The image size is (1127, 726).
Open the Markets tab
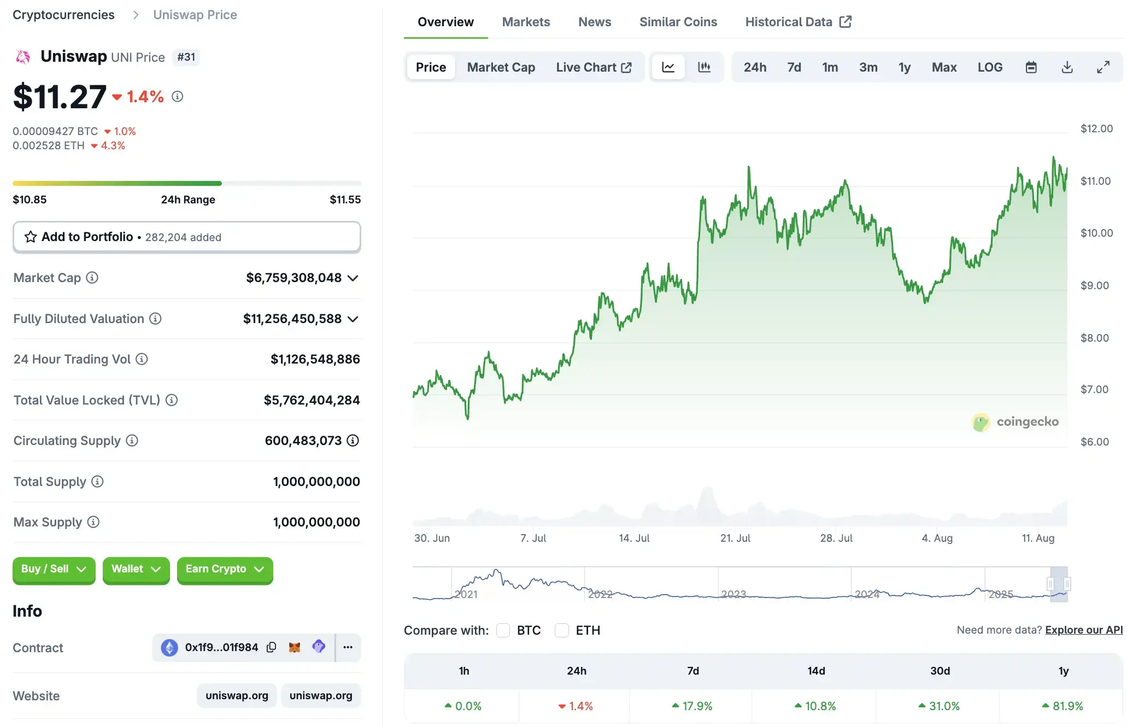tap(526, 22)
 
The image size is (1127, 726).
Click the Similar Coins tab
tap(678, 22)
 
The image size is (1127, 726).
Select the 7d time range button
tap(794, 67)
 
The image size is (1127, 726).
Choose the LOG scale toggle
tap(990, 67)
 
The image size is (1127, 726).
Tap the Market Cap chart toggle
tap(501, 67)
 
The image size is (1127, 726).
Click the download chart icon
tap(1067, 67)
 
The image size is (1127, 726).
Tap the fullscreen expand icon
tap(1103, 67)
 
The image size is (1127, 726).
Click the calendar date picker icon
tap(1031, 67)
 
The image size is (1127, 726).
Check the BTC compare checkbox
tap(503, 630)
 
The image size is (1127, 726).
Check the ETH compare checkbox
tap(561, 630)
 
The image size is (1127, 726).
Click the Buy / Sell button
tap(54, 569)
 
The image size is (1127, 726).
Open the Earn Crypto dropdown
tap(225, 569)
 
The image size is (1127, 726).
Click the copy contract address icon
tap(271, 647)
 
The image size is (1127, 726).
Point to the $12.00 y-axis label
tap(1096, 128)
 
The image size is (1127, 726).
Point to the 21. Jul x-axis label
tap(735, 538)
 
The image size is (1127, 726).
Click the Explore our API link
tap(1084, 630)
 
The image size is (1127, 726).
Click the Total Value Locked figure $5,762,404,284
tap(312, 400)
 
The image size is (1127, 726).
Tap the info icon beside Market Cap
tap(92, 278)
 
